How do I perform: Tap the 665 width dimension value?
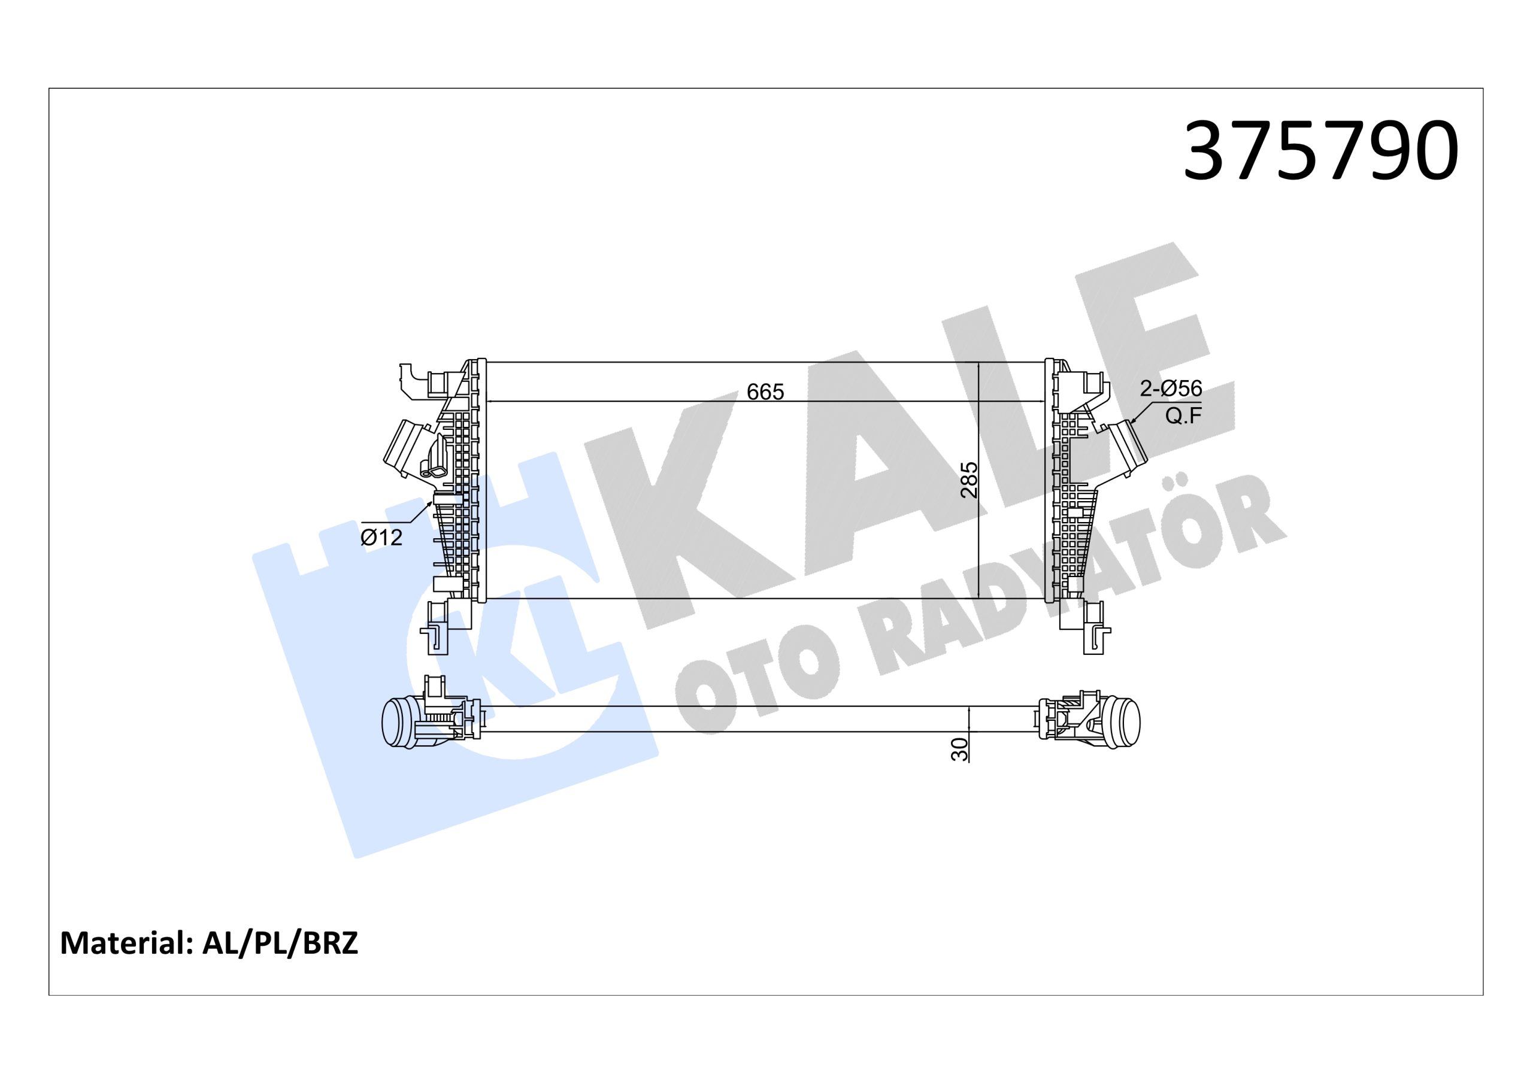pos(765,392)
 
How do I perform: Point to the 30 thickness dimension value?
pos(959,749)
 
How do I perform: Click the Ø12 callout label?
pos(382,538)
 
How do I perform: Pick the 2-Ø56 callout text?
pos(1171,389)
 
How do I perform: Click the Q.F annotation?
pos(1183,416)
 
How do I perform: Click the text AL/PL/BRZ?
pos(280,944)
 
